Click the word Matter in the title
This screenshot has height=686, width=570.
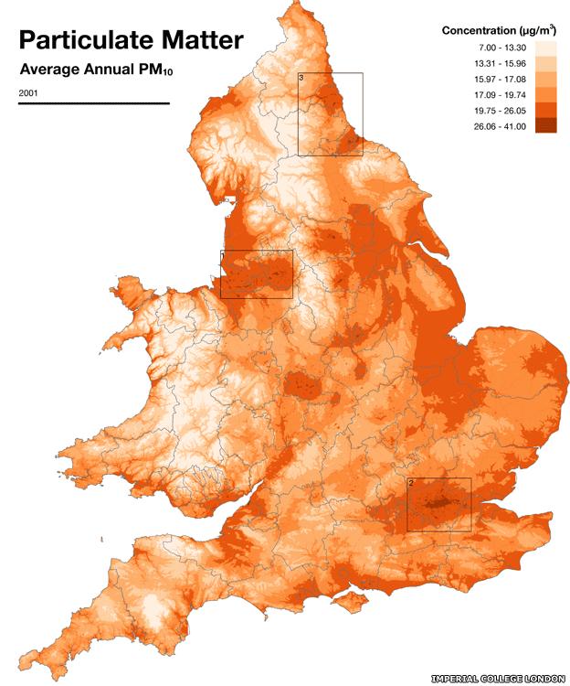(203, 40)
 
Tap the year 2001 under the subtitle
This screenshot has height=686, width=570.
(28, 93)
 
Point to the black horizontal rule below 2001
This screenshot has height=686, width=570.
(93, 103)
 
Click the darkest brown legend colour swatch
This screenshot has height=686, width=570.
(544, 125)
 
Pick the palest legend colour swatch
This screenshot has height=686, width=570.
(544, 46)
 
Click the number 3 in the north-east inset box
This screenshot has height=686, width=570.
(302, 79)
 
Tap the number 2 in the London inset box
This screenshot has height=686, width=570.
(411, 483)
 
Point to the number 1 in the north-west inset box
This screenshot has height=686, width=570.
(225, 256)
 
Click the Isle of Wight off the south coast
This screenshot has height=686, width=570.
(347, 601)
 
